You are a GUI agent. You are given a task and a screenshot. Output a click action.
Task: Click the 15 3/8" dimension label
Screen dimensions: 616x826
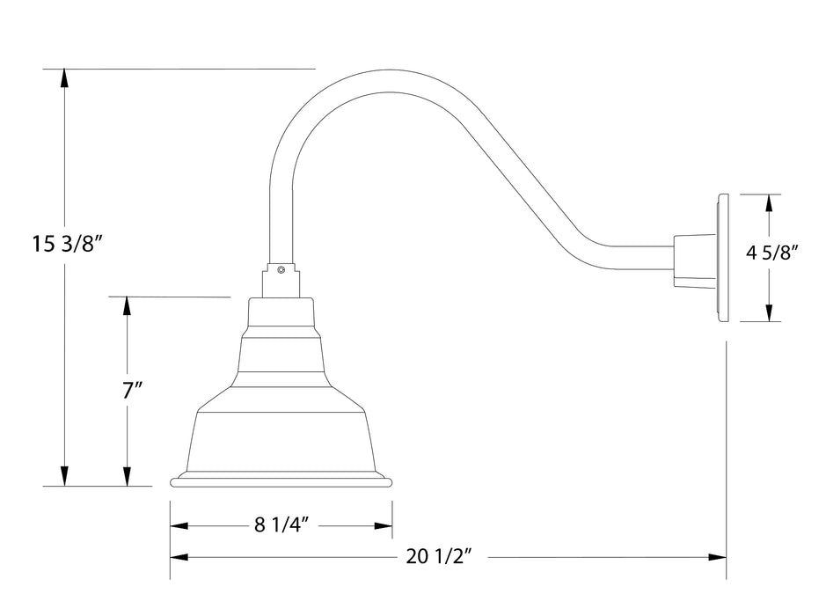(69, 245)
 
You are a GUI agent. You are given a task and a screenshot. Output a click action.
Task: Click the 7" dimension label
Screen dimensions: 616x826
(133, 391)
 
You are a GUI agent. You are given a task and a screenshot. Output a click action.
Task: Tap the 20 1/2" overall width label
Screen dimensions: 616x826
(440, 557)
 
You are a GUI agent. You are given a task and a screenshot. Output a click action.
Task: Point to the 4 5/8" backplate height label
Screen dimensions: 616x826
(771, 253)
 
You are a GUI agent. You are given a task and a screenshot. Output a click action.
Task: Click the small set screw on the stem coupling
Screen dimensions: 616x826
(280, 270)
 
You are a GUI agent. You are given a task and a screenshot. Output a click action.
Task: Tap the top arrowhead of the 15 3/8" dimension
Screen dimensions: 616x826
(64, 78)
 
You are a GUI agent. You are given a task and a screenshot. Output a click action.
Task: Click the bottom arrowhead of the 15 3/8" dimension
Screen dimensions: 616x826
(64, 476)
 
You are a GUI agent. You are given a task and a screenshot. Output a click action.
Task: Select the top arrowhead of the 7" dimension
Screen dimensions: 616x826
(128, 306)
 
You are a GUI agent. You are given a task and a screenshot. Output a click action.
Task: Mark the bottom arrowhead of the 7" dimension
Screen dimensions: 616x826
(128, 476)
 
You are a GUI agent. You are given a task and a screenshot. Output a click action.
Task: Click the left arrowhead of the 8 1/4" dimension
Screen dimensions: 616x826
(179, 526)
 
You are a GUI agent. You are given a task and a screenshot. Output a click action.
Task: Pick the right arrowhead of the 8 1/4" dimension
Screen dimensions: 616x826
(384, 526)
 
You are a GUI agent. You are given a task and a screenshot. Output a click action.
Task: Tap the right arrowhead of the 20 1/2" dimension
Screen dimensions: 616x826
(717, 557)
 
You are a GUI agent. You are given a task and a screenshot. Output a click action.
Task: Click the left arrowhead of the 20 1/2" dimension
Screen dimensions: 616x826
(179, 557)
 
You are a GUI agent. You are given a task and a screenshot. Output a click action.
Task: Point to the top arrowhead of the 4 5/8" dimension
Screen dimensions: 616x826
(770, 203)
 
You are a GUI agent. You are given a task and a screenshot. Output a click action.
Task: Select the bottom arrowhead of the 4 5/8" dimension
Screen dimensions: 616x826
(770, 312)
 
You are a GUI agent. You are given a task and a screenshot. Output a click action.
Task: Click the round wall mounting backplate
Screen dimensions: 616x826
(723, 258)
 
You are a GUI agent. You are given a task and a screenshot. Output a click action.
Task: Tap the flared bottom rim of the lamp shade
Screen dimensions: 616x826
(281, 480)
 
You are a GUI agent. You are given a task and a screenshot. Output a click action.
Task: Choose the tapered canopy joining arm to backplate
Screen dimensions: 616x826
(695, 260)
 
